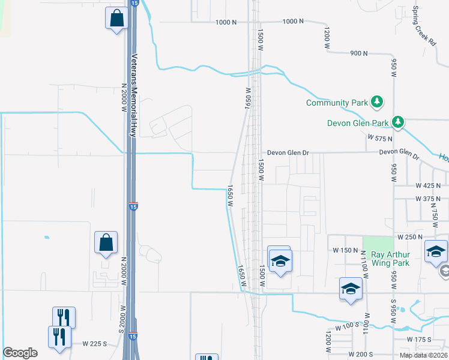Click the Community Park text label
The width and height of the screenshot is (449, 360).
click(x=336, y=103)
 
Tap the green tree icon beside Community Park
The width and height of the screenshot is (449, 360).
click(x=377, y=102)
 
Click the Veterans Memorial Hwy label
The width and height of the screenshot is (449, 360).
click(x=134, y=95)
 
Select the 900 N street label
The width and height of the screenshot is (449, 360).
click(x=358, y=53)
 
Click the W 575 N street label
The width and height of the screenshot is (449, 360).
click(x=379, y=138)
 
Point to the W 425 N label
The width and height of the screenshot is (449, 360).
click(x=428, y=186)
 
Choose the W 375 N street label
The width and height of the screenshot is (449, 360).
click(x=428, y=199)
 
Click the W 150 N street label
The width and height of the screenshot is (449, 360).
click(x=342, y=250)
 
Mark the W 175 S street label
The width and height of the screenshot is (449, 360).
click(x=420, y=340)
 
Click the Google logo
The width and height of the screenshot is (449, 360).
click(x=20, y=353)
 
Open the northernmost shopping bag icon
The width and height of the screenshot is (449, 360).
click(x=116, y=18)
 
